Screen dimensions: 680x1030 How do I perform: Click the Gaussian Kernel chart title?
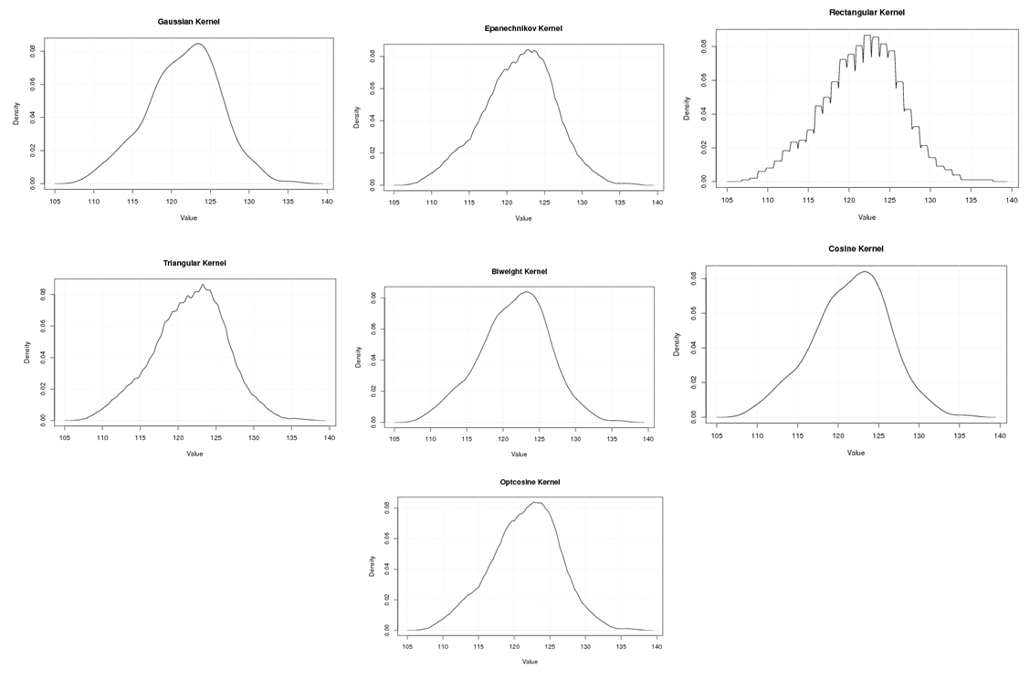pyautogui.click(x=188, y=21)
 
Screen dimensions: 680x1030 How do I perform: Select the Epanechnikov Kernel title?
pyautogui.click(x=523, y=28)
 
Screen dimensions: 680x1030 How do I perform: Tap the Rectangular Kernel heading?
pyautogui.click(x=867, y=12)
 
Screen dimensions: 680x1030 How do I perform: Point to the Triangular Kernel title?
pyautogui.click(x=194, y=263)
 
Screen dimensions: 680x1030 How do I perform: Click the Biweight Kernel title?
pyautogui.click(x=519, y=271)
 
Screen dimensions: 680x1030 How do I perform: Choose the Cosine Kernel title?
pyautogui.click(x=856, y=248)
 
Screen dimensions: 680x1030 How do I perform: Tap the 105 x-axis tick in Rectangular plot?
pyautogui.click(x=728, y=200)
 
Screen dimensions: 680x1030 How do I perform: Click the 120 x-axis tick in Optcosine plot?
pyautogui.click(x=514, y=646)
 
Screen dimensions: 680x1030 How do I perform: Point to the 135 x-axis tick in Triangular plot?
pyautogui.click(x=291, y=438)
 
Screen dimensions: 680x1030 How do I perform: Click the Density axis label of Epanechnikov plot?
pyautogui.click(x=357, y=117)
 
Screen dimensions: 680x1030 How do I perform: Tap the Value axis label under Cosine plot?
pyautogui.click(x=856, y=453)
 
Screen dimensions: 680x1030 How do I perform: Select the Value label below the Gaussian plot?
pyautogui.click(x=188, y=217)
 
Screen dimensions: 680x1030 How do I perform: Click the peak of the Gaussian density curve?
pyautogui.click(x=198, y=43)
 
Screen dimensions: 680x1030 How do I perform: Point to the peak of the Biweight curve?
pyautogui.click(x=526, y=292)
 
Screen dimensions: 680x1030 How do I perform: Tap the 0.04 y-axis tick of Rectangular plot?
pyautogui.click(x=703, y=113)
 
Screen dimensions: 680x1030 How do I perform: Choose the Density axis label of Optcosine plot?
pyautogui.click(x=373, y=566)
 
